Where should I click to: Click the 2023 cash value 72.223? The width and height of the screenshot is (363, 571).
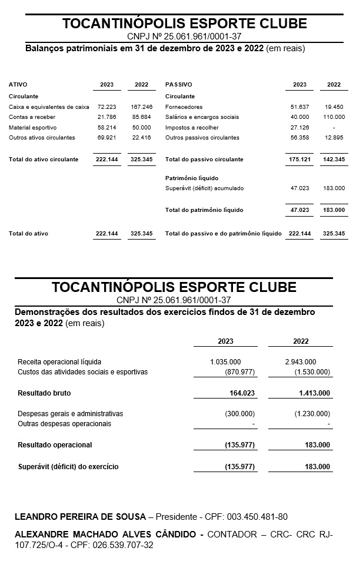106,107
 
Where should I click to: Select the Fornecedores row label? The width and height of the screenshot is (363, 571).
184,107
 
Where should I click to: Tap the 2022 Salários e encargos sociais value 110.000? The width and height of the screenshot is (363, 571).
334,117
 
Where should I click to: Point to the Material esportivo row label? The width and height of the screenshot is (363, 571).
32,127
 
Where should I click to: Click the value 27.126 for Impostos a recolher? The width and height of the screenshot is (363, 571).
299,127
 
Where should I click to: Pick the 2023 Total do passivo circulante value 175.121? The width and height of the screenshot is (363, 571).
299,160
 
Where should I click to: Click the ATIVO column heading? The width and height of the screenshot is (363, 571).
18,85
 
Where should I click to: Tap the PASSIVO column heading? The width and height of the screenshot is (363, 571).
178,85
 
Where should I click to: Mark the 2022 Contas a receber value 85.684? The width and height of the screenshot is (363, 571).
141,117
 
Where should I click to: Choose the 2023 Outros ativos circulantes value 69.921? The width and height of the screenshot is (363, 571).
106,138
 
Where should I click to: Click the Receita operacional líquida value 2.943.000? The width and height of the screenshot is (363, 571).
300,362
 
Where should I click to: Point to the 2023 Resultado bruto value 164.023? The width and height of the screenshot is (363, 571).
242,393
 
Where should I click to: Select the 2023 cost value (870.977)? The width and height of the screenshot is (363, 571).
239,372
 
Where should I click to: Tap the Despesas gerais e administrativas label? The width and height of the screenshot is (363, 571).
70,414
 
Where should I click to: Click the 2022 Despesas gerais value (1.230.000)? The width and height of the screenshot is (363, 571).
312,414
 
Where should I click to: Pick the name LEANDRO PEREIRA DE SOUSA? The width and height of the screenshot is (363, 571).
80,517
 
